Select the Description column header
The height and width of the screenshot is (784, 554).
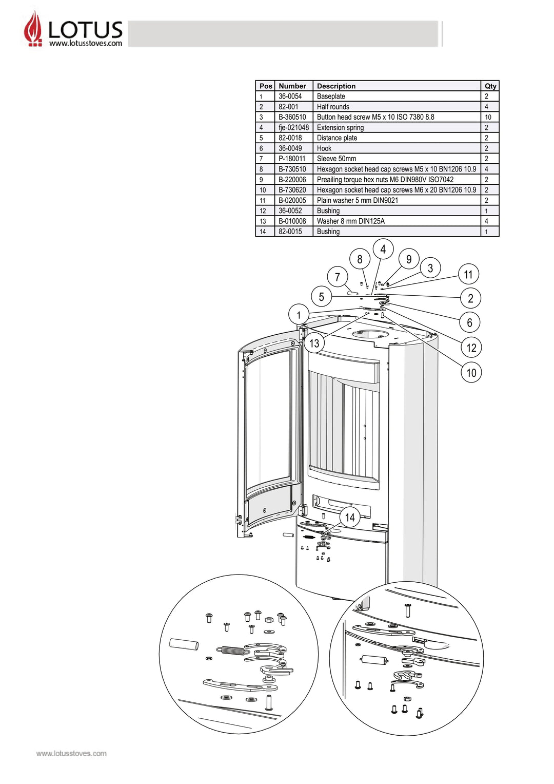point(336,86)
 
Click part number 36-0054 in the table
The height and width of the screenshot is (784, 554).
point(290,96)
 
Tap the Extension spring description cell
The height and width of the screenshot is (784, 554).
point(340,127)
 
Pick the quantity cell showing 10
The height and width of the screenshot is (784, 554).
point(488,117)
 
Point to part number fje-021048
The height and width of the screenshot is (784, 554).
point(293,127)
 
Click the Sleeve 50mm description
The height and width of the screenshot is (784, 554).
point(336,159)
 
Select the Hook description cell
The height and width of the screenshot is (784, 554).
point(324,148)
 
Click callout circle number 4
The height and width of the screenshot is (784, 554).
point(383,249)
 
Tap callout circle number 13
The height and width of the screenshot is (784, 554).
point(314,343)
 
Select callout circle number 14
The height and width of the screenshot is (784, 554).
point(350,517)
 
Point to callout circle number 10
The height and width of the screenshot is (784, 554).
point(471,372)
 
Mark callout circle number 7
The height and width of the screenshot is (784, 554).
point(337,277)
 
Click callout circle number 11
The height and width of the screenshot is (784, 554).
point(468,274)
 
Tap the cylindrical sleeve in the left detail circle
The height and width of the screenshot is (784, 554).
point(184,644)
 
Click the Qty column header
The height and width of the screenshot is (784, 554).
point(490,86)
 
